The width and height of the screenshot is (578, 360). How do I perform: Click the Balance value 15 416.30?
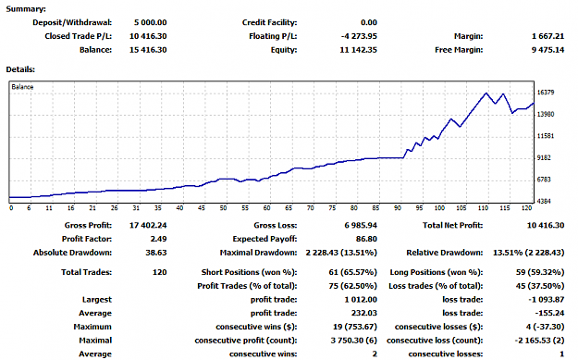click(x=148, y=50)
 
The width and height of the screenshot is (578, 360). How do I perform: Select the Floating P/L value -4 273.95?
click(x=359, y=36)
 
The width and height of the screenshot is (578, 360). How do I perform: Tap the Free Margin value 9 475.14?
click(x=547, y=50)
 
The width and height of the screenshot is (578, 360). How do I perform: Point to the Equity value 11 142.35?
click(x=358, y=50)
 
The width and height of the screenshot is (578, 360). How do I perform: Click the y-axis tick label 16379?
click(x=546, y=93)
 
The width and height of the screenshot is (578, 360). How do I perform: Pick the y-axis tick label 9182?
click(x=544, y=158)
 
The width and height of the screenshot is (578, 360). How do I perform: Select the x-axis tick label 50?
click(x=224, y=208)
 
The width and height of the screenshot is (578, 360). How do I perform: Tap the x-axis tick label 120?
click(x=526, y=208)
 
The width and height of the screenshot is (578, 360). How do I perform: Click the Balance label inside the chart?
click(x=22, y=87)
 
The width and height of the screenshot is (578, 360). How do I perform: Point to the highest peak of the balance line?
click(x=486, y=93)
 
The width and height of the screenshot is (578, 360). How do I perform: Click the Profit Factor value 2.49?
click(x=158, y=239)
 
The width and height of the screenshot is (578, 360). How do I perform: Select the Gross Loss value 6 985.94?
click(x=361, y=226)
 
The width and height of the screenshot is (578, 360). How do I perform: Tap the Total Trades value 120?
click(x=160, y=272)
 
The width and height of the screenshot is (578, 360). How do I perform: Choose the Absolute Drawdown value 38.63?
click(x=156, y=253)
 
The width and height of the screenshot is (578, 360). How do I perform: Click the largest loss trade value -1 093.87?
click(x=546, y=300)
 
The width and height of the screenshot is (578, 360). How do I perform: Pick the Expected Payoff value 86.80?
click(x=366, y=239)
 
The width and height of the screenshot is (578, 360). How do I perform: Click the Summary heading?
click(x=26, y=9)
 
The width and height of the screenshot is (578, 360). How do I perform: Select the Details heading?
click(x=20, y=69)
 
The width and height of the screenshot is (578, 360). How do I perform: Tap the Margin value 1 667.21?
click(x=547, y=36)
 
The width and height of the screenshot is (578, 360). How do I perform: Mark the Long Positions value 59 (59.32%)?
click(x=540, y=272)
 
